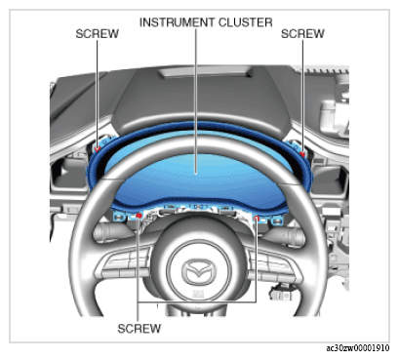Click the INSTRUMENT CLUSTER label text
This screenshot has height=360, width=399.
point(206,22)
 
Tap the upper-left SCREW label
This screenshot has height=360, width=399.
point(97,34)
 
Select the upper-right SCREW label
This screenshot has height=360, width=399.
point(302,34)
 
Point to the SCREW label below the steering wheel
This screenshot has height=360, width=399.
point(139,329)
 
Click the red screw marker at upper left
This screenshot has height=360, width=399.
point(98,148)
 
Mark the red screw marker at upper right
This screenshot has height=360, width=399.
point(302,154)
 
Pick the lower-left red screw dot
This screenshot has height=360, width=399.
point(139,216)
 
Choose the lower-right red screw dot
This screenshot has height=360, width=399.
point(257,219)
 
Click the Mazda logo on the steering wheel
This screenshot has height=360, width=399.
point(199,271)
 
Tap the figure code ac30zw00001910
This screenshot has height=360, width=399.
point(358,348)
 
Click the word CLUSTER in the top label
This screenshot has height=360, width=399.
point(245,22)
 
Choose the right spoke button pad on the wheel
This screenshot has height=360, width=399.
point(272,265)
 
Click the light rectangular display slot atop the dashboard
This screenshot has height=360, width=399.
point(206,72)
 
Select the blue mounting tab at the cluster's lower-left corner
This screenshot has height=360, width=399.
point(119,216)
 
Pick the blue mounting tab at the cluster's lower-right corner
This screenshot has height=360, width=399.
point(276,220)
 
